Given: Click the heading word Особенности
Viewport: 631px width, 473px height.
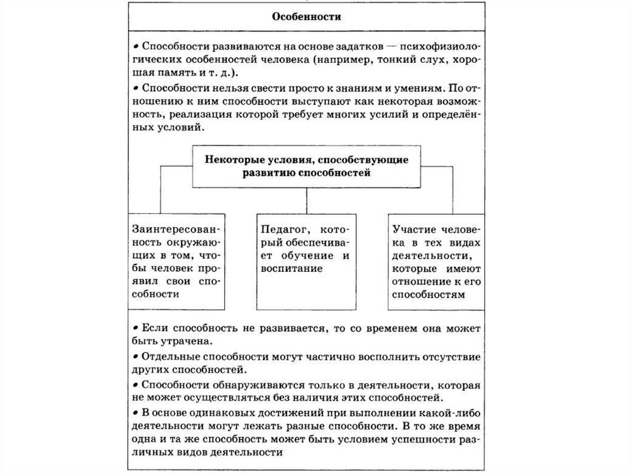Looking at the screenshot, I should pyautogui.click(x=306, y=17).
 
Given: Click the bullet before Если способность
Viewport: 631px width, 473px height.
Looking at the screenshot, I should pyautogui.click(x=135, y=327).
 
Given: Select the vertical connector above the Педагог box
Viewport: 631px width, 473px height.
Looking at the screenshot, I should pyautogui.click(x=307, y=200).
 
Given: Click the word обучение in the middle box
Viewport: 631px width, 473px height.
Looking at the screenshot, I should pyautogui.click(x=311, y=255).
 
